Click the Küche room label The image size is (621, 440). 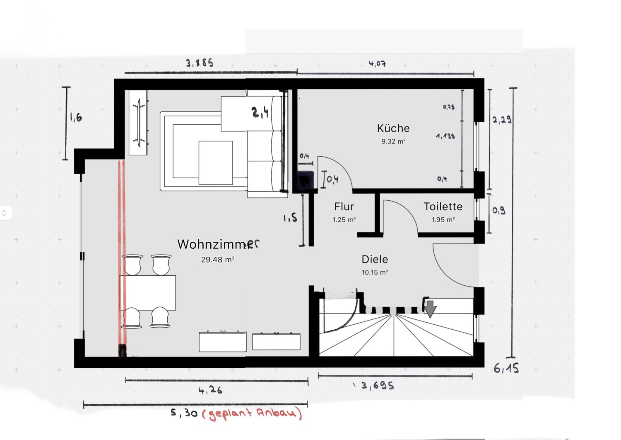coord(393,128)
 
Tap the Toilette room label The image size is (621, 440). coord(443,207)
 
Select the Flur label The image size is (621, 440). coord(344,207)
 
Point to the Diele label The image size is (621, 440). coord(375,259)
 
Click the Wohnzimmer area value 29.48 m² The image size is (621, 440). coord(218,260)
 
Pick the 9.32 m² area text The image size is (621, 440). coord(393,141)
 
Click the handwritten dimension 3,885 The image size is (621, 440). coord(200,63)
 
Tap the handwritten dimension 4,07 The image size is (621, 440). coord(377,64)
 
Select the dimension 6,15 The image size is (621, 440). coord(506,368)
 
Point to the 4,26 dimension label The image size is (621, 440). coord(210,390)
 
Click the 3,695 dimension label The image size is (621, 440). coord(377,386)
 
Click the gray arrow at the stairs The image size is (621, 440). coord(430,309)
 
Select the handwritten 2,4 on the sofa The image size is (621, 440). coord(260,112)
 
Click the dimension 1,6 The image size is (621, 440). coord(76,117)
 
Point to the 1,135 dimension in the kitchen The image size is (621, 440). coord(445,136)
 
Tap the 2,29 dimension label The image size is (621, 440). coord(502,120)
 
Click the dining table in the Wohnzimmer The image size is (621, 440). coord(147,293)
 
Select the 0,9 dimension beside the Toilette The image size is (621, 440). coord(499,211)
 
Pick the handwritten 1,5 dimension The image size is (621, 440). coord(290,217)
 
